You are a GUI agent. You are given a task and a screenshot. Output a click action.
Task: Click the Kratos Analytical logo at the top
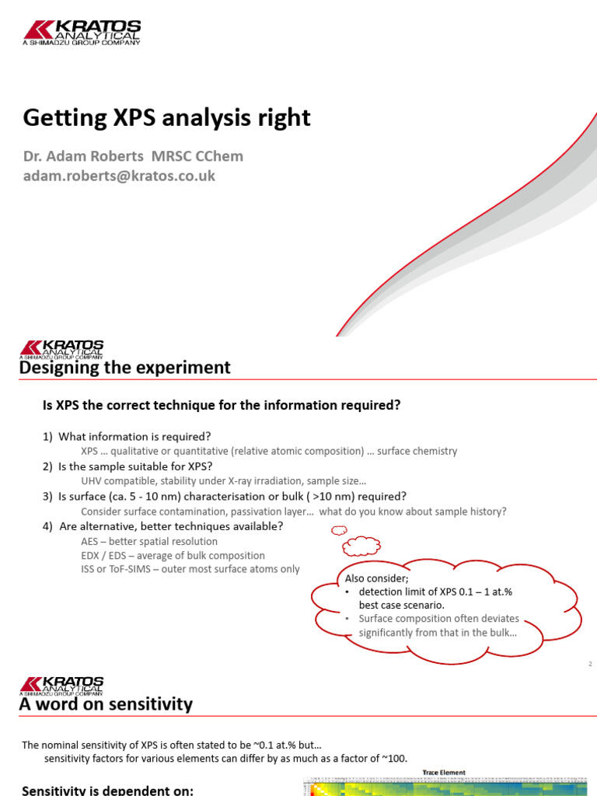click(82, 32)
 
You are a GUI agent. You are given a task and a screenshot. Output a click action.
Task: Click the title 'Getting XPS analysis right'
click(166, 117)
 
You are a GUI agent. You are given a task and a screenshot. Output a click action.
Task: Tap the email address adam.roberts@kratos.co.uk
click(119, 176)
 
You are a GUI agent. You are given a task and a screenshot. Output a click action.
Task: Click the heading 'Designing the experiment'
click(124, 368)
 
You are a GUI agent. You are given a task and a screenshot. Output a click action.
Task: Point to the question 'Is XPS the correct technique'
click(221, 405)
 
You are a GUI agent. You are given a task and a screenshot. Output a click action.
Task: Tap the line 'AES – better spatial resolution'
click(149, 541)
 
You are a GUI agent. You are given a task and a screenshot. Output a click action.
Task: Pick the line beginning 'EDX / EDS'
click(173, 556)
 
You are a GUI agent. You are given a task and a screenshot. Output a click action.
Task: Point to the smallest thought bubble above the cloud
click(339, 531)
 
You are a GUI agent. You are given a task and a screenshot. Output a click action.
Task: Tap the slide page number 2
click(590, 664)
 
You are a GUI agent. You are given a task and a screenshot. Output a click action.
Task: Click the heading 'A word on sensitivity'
click(106, 705)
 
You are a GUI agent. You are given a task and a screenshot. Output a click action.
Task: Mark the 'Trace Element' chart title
click(444, 773)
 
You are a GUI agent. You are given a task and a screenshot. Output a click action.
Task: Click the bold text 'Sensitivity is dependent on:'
click(107, 790)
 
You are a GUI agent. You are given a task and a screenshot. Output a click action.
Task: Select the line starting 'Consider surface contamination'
click(294, 511)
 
